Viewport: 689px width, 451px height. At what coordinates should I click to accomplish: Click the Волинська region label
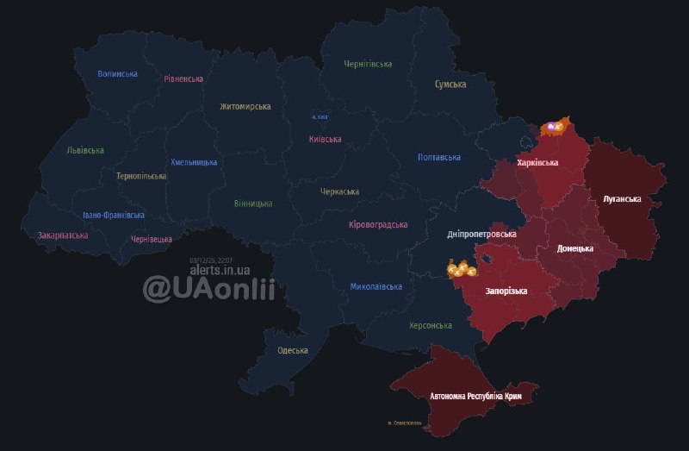pos(117,74)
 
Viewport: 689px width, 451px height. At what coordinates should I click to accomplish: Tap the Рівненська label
pos(183,78)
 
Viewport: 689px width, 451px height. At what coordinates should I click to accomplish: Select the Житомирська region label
pos(245,107)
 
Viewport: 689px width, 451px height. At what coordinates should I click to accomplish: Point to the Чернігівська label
pos(368,64)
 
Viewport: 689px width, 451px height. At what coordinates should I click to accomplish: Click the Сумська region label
pos(450,85)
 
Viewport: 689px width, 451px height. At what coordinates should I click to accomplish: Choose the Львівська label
pos(85,150)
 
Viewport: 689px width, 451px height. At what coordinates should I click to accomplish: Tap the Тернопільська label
pos(141,176)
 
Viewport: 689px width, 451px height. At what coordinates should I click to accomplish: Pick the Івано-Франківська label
pos(114,215)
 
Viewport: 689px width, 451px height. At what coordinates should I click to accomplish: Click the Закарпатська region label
pos(63,235)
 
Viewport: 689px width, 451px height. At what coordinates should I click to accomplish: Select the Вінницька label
pos(253,204)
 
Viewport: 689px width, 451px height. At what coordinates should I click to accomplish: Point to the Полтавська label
pos(438,158)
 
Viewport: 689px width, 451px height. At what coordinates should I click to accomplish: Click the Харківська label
pos(537,162)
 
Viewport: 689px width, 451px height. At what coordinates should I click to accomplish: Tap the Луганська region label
pos(622,199)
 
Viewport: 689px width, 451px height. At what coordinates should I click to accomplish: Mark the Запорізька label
pos(506,291)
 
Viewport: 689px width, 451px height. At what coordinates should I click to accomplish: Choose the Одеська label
pos(293,350)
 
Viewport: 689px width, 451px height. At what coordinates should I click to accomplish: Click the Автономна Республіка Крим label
pos(475,396)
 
